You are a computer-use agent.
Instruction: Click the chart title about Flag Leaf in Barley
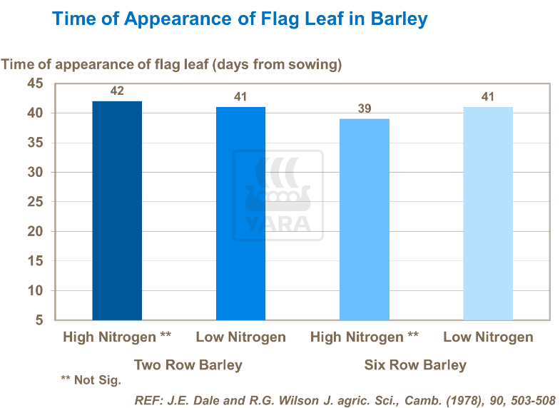pyautogui.click(x=240, y=19)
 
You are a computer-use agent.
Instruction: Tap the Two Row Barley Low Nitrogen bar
pyautogui.click(x=240, y=213)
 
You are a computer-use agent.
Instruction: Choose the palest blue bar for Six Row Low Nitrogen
pyautogui.click(x=488, y=213)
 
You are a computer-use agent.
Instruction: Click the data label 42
pyautogui.click(x=117, y=91)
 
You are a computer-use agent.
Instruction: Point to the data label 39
pyautogui.click(x=364, y=109)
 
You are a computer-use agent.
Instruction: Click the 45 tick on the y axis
pyautogui.click(x=36, y=84)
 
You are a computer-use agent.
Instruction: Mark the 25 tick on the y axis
pyautogui.click(x=36, y=202)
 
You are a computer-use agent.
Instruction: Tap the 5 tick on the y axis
pyautogui.click(x=39, y=320)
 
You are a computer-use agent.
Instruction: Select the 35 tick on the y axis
pyautogui.click(x=36, y=143)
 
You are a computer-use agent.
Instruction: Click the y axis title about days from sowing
pyautogui.click(x=172, y=65)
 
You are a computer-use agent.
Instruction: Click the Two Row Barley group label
pyautogui.click(x=188, y=365)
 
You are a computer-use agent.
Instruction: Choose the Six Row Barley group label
pyautogui.click(x=415, y=365)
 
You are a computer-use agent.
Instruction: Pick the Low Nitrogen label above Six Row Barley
pyautogui.click(x=488, y=337)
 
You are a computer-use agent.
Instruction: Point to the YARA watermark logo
pyautogui.click(x=279, y=195)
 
